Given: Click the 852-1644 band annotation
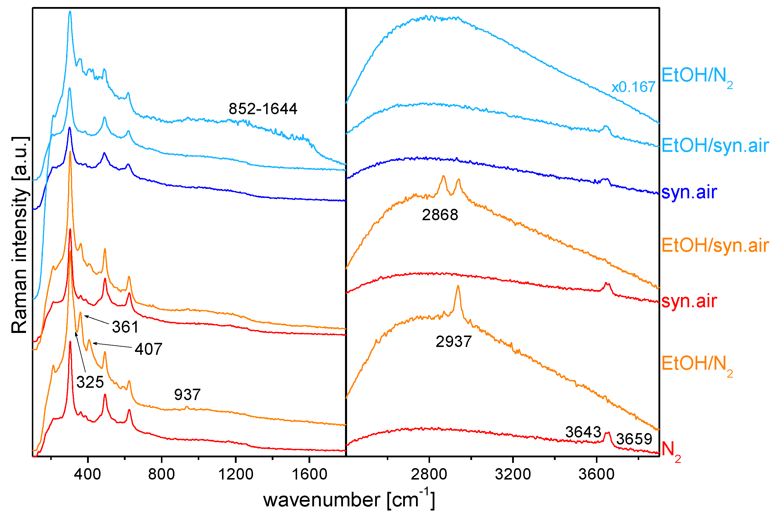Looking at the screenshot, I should pyautogui.click(x=263, y=109).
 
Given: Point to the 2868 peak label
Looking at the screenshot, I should pyautogui.click(x=440, y=215).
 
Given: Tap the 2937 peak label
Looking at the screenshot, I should pyautogui.click(x=453, y=342).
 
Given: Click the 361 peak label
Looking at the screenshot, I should pyautogui.click(x=125, y=327).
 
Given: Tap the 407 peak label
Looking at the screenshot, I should pyautogui.click(x=148, y=349).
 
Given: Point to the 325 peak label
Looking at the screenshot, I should pyautogui.click(x=90, y=382).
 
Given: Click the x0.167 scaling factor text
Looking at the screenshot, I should pyautogui.click(x=633, y=87).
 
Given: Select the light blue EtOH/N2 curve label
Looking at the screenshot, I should pyautogui.click(x=696, y=77).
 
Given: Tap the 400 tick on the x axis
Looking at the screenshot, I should pyautogui.click(x=87, y=474).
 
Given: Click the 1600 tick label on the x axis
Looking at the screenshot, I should pyautogui.click(x=309, y=474).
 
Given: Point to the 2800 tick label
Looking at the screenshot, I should pyautogui.click(x=429, y=474).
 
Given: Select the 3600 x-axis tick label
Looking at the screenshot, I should pyautogui.click(x=596, y=474).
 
